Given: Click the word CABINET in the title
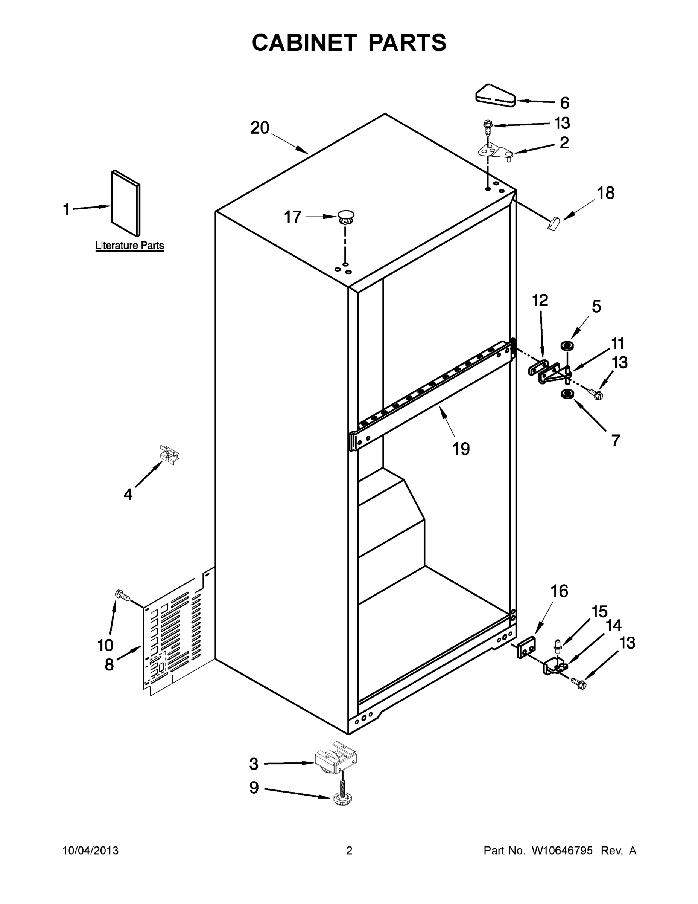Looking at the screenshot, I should click(304, 43).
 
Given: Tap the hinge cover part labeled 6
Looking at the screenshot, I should click(494, 96).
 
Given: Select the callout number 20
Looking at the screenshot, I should click(260, 128).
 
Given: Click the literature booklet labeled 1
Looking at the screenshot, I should click(126, 203).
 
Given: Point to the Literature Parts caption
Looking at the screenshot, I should click(129, 246).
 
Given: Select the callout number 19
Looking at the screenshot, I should click(461, 449).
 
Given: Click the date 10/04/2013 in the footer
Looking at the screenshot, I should click(91, 851).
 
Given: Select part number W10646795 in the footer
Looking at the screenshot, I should click(562, 851).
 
